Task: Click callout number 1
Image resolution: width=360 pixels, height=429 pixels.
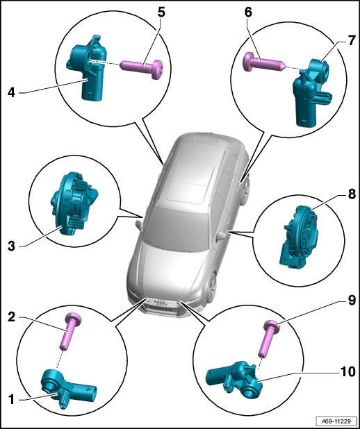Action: (11, 399)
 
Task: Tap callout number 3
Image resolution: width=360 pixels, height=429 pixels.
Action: (12, 246)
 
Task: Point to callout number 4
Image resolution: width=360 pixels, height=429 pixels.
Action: (11, 93)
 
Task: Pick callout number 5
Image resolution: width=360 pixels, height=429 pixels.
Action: (161, 12)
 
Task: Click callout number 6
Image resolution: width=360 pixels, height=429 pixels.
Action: (249, 12)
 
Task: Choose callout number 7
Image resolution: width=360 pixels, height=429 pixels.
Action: (352, 40)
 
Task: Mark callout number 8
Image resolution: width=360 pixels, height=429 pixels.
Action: (352, 194)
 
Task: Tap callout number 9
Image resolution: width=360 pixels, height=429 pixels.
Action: (352, 300)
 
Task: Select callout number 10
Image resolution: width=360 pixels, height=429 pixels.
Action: (347, 372)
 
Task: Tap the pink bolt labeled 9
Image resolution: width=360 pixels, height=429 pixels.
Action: (268, 339)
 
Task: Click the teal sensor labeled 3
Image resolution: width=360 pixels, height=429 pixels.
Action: (74, 203)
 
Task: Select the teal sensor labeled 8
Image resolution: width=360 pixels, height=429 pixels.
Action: (299, 236)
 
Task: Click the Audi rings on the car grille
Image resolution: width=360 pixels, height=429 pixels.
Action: (161, 303)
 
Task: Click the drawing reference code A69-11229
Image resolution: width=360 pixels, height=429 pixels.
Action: (336, 421)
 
